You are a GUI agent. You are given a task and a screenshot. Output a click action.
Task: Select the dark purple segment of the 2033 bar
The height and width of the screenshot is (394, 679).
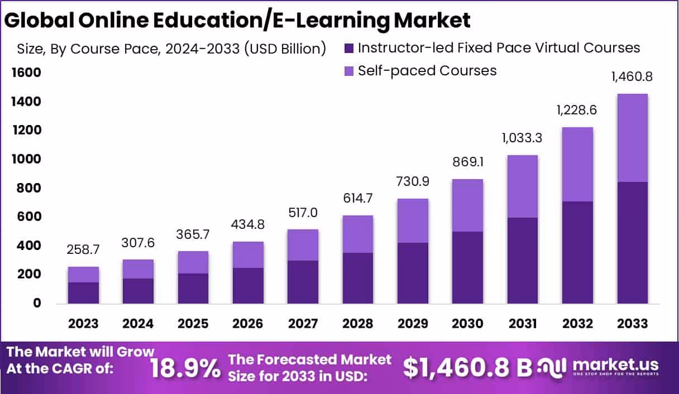click(632, 242)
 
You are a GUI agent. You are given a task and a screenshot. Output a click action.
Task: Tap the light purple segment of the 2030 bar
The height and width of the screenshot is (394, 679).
click(467, 205)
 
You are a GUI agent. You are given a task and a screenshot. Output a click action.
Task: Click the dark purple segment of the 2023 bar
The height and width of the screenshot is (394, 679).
click(83, 292)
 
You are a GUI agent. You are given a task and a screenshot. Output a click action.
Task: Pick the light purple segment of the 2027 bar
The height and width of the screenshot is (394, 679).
click(303, 245)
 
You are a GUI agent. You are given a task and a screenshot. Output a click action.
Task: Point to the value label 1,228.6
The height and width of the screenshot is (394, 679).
click(577, 110)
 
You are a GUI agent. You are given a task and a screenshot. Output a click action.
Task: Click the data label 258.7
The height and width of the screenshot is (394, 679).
click(83, 249)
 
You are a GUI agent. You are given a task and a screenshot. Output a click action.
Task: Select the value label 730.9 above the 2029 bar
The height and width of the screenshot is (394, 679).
click(413, 181)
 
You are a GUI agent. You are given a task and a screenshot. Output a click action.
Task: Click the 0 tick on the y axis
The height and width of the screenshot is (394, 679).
click(37, 303)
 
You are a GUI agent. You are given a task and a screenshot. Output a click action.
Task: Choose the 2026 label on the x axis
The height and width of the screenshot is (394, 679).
click(248, 324)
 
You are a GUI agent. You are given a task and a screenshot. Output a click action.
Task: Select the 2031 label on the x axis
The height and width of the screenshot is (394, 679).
click(523, 324)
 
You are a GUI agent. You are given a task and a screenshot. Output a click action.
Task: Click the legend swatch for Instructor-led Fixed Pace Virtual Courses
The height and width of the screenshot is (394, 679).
click(349, 49)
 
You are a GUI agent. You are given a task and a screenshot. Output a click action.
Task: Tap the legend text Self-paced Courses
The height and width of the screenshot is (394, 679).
click(427, 71)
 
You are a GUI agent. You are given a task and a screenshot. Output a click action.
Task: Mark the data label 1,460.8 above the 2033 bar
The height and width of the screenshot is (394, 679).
click(632, 77)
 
